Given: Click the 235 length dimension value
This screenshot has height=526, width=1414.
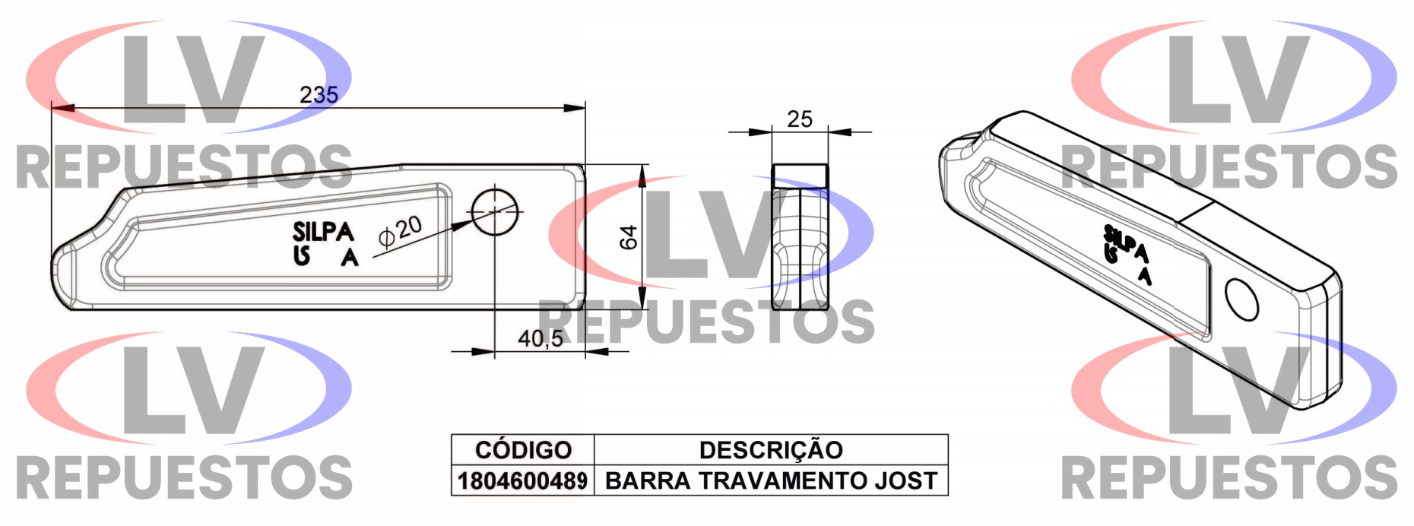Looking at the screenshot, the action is [x=319, y=95].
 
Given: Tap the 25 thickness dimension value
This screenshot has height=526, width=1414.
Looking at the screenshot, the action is [x=800, y=119].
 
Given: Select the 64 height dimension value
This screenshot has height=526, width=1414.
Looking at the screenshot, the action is [x=629, y=237].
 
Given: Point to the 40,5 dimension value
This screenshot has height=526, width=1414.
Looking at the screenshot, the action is [x=541, y=338].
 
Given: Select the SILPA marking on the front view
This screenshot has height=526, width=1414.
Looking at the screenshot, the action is [x=324, y=231].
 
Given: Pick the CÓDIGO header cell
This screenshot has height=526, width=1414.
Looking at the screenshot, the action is [x=523, y=450].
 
